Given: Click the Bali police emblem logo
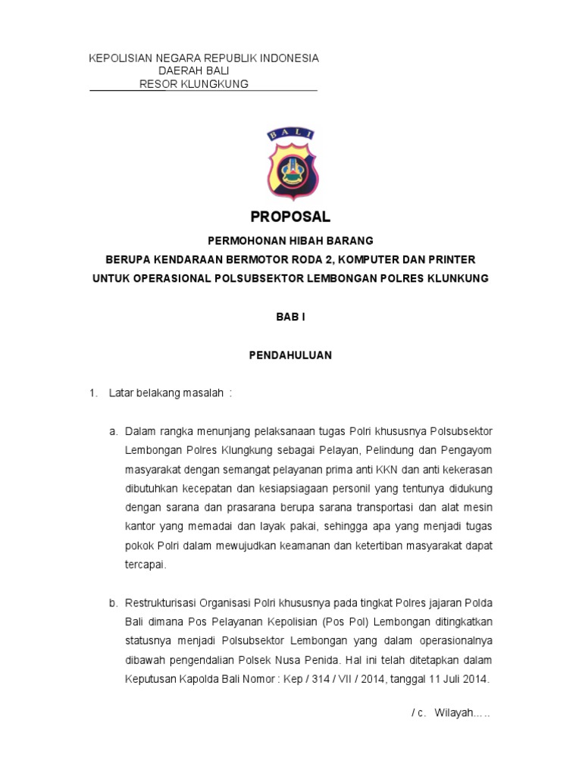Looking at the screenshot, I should coord(291,164).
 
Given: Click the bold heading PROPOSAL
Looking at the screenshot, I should coord(290,217).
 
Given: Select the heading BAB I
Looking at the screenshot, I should coord(290,318).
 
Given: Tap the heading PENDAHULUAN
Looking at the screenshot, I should coord(290,355).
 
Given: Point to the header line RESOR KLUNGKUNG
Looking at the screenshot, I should coord(194,84).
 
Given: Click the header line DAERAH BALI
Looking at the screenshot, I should coord(193,71).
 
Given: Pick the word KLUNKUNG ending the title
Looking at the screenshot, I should coord(457,278).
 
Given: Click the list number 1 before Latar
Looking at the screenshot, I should coord(93,393).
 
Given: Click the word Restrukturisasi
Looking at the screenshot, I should coord(161,603).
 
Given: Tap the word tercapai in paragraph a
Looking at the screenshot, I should coord(145,565).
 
